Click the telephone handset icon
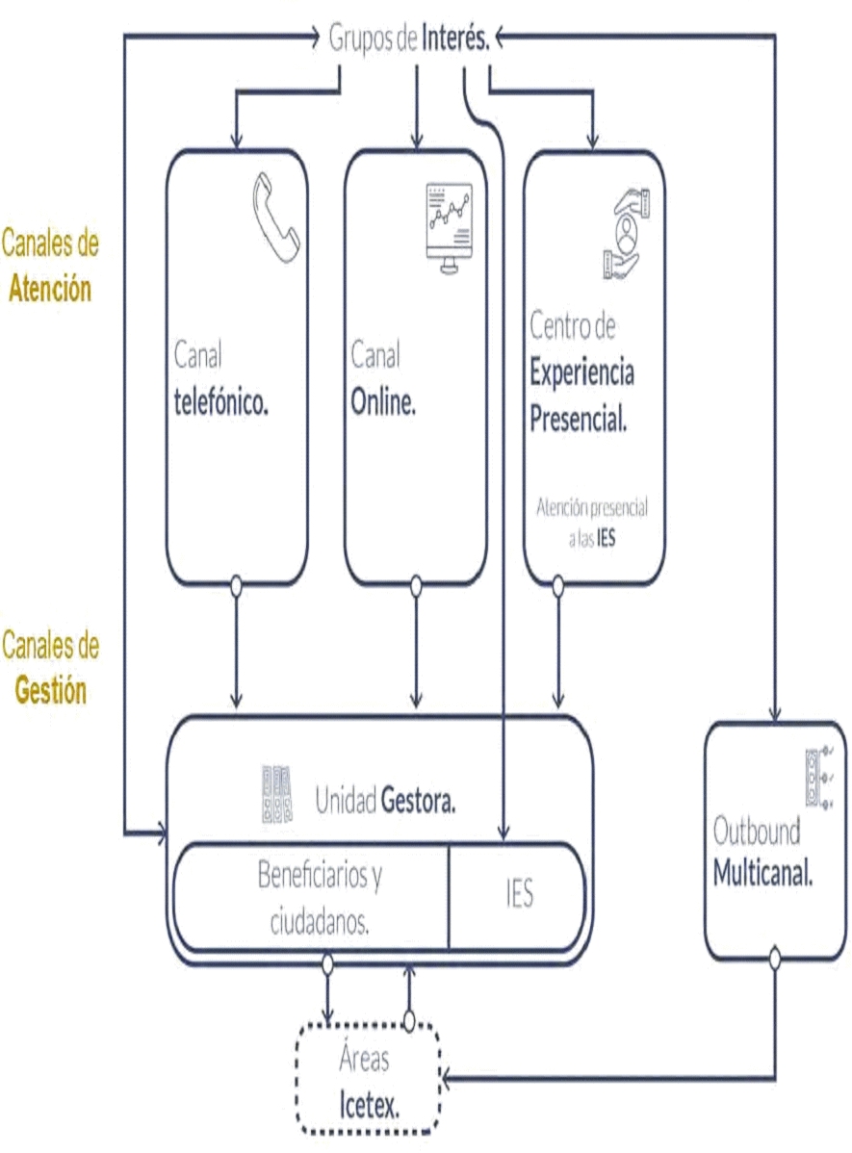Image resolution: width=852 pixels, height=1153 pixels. (x=276, y=218)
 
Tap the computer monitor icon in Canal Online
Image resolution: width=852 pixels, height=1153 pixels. (x=449, y=228)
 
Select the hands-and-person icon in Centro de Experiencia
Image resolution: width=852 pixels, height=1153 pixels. (x=626, y=231)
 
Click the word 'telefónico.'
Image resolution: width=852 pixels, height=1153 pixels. (x=220, y=403)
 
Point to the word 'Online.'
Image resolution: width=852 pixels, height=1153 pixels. (x=383, y=403)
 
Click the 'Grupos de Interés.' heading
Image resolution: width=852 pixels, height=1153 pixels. (x=410, y=38)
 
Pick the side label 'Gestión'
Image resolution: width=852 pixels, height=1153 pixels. (x=50, y=690)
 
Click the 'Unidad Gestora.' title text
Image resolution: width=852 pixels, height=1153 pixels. (x=385, y=801)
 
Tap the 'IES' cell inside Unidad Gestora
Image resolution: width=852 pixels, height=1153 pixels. (x=519, y=895)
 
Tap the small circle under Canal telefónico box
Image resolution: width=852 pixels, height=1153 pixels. (x=236, y=583)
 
